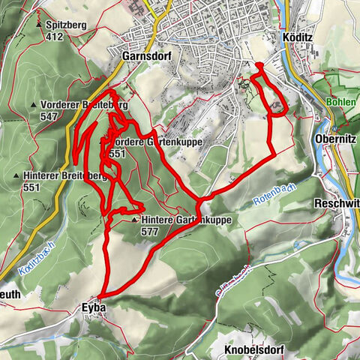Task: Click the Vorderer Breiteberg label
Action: pyautogui.click(x=78, y=105)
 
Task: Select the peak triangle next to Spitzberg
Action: pyautogui.click(x=38, y=25)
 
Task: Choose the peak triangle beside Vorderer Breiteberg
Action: pyautogui.click(x=34, y=105)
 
